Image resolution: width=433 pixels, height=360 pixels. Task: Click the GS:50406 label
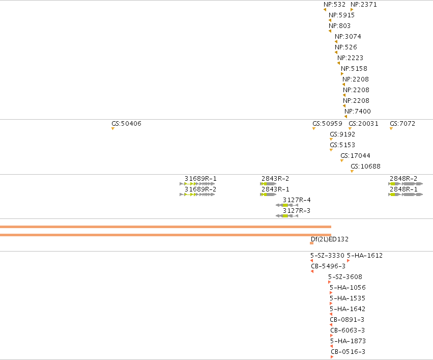[x=126, y=124]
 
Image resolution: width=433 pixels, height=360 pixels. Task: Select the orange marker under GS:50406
[x=112, y=129]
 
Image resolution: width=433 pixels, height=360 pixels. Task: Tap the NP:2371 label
[x=364, y=5]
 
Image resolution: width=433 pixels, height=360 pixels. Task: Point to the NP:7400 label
[x=358, y=112]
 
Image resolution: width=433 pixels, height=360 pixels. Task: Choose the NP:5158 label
[x=354, y=69]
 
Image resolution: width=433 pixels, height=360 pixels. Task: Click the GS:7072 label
[x=402, y=124]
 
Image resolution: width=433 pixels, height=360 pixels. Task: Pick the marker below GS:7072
[x=391, y=129]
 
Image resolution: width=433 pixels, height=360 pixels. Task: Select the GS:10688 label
[x=366, y=167]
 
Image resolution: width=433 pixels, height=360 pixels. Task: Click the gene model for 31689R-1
[x=197, y=184]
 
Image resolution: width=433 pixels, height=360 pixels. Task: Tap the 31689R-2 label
[x=200, y=189]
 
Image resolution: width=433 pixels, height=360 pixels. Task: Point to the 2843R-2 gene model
[x=268, y=184]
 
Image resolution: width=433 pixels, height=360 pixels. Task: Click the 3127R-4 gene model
[x=287, y=205]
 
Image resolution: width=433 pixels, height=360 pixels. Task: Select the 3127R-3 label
[x=297, y=211]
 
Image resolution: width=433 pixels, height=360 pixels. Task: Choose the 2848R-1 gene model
[x=406, y=195]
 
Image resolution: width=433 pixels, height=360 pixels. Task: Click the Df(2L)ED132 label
[x=330, y=239]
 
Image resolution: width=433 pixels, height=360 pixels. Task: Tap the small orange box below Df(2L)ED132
[x=312, y=243]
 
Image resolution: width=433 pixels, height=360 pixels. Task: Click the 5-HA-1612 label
[x=365, y=256]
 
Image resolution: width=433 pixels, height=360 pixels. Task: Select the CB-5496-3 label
[x=328, y=266]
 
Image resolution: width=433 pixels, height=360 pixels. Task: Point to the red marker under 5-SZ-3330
[x=311, y=261]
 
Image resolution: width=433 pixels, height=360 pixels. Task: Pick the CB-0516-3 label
[x=348, y=352]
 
